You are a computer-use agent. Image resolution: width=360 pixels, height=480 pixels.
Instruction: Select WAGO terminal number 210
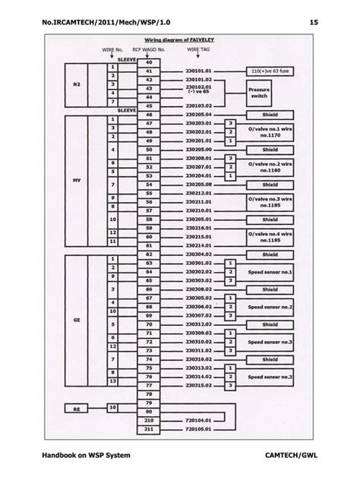tap(148, 418)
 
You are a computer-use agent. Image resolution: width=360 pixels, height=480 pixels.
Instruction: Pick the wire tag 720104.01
tap(197, 418)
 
